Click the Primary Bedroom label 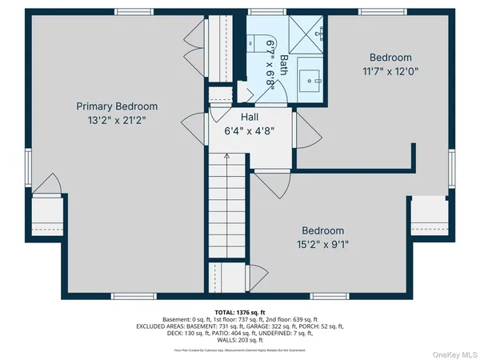(117, 106)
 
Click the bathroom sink (310, 79)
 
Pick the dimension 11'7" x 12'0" (390, 71)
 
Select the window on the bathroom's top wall (259, 12)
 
